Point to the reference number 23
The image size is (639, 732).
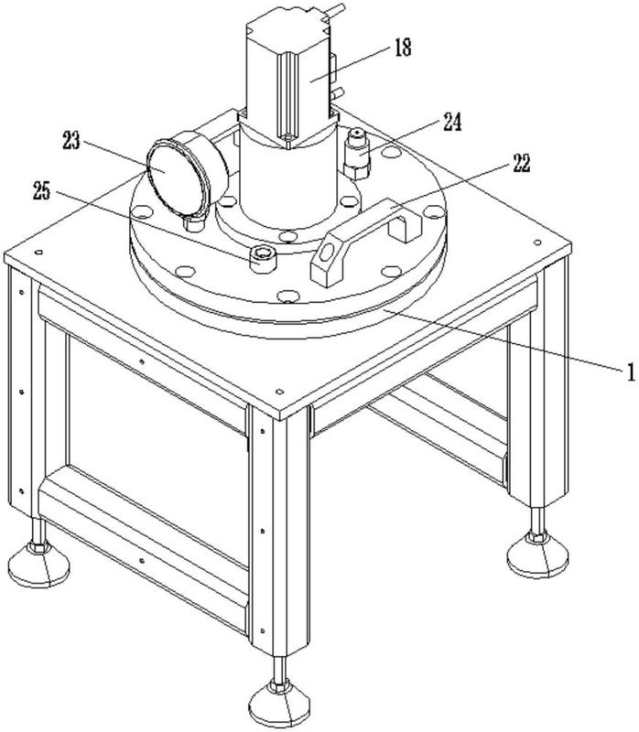click(x=73, y=141)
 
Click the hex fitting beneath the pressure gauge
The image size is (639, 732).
click(x=192, y=221)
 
